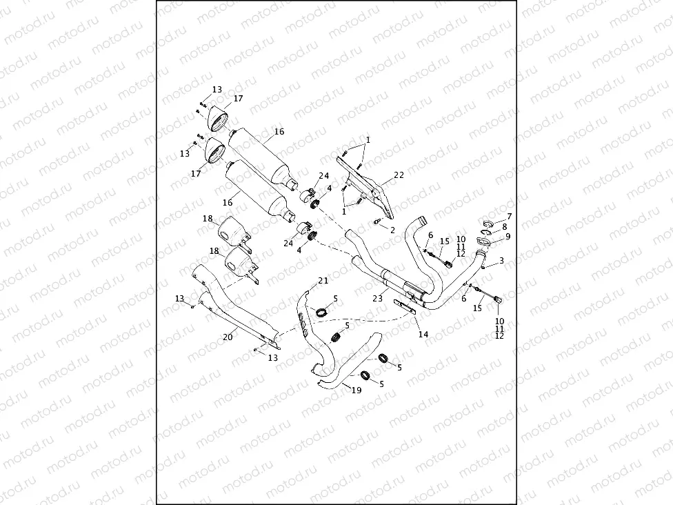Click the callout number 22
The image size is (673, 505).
click(x=399, y=175)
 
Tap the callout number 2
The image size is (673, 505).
click(x=392, y=229)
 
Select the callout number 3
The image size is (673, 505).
click(x=501, y=260)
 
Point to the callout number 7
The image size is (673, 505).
click(x=510, y=217)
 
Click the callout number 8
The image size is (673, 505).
click(x=505, y=226)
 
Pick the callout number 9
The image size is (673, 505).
click(x=508, y=236)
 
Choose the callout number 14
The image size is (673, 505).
click(x=423, y=334)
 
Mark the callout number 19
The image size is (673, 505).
click(x=356, y=390)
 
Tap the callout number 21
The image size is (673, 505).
click(x=323, y=280)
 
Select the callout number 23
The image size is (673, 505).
click(x=377, y=298)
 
